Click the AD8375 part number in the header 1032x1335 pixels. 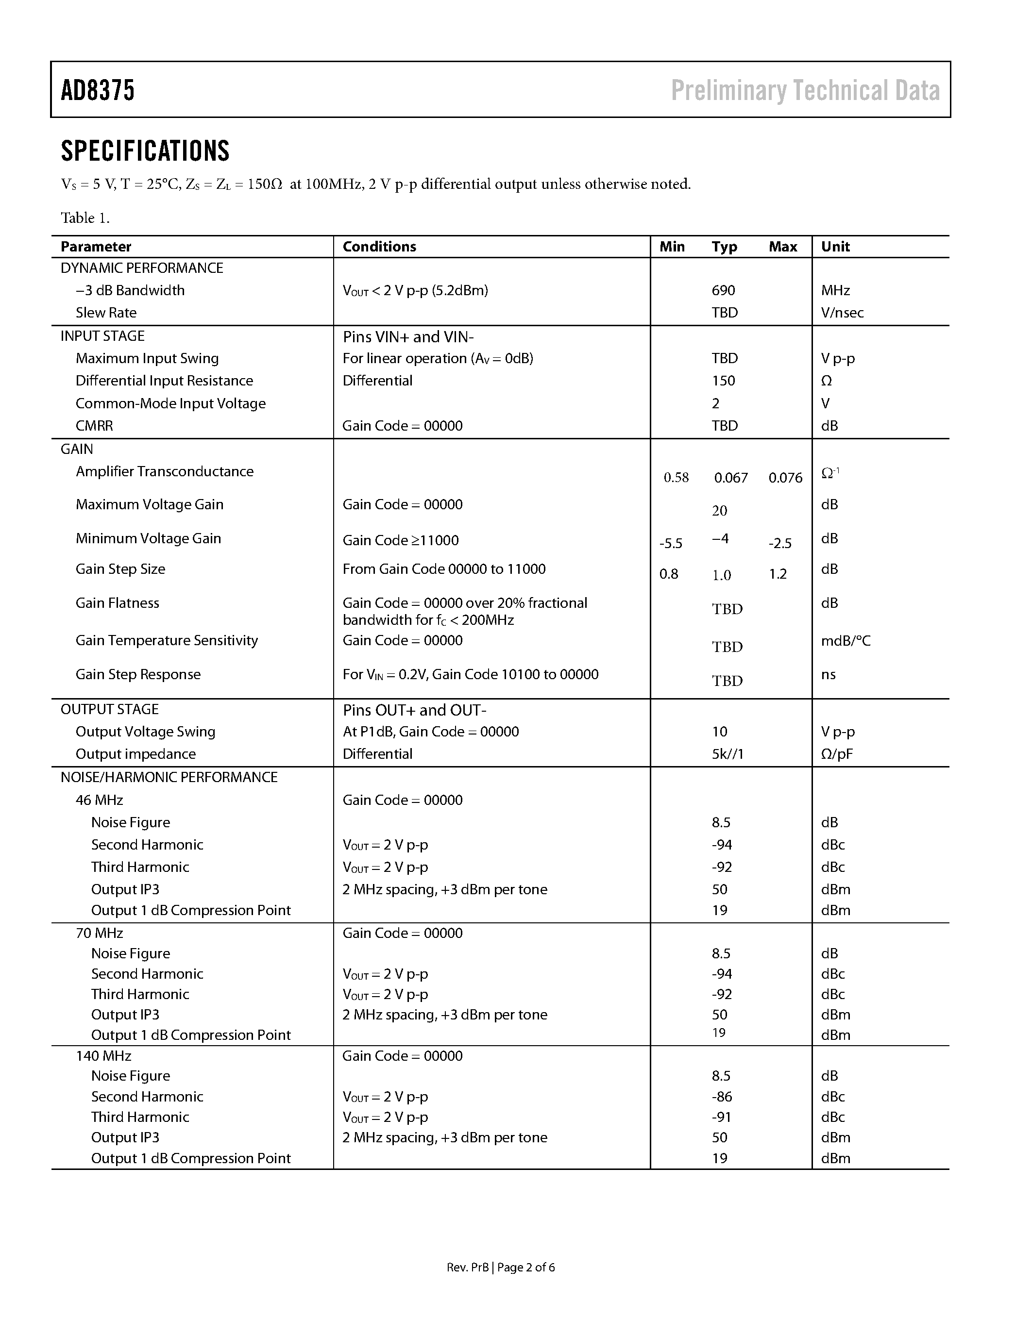pyautogui.click(x=98, y=90)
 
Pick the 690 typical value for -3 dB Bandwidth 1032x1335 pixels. pyautogui.click(x=723, y=290)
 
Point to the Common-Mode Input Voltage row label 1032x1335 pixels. pyautogui.click(x=170, y=403)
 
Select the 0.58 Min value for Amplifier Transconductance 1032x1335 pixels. pyautogui.click(x=676, y=477)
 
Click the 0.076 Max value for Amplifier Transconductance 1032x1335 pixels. pyautogui.click(x=785, y=477)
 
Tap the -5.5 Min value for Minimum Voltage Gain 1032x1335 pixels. pyautogui.click(x=671, y=543)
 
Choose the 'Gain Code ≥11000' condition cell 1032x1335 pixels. pyautogui.click(x=401, y=540)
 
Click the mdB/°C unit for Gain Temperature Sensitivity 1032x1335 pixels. pyautogui.click(x=846, y=641)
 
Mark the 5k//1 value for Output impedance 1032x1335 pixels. pyautogui.click(x=727, y=754)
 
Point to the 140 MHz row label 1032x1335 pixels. pyautogui.click(x=103, y=1056)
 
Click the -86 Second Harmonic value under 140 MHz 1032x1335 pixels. pyautogui.click(x=722, y=1097)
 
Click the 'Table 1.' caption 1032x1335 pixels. pyautogui.click(x=85, y=218)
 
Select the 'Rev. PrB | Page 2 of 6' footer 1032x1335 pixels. pyautogui.click(x=501, y=1267)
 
